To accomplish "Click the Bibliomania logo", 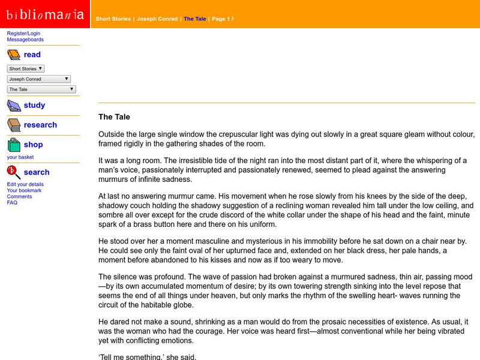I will pyautogui.click(x=45, y=14).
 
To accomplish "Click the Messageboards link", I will pyautogui.click(x=25, y=40).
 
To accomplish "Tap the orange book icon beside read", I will pyautogui.click(x=14, y=55).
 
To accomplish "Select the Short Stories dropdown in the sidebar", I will pyautogui.click(x=26, y=69).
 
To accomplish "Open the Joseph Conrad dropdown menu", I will pyautogui.click(x=39, y=79).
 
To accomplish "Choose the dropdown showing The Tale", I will pyautogui.click(x=41, y=89).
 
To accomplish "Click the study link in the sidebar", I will pyautogui.click(x=34, y=105).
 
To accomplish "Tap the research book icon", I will pyautogui.click(x=14, y=125).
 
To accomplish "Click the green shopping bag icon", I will pyautogui.click(x=14, y=145).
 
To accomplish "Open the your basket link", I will pyautogui.click(x=20, y=157).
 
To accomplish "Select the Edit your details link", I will pyautogui.click(x=25, y=184).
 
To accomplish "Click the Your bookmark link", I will pyautogui.click(x=25, y=190).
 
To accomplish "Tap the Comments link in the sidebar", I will pyautogui.click(x=20, y=196).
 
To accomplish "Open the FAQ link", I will pyautogui.click(x=12, y=202).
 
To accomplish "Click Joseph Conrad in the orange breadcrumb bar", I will pyautogui.click(x=157, y=19).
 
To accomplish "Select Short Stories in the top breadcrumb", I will pyautogui.click(x=113, y=19).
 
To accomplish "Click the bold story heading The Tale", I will pyautogui.click(x=114, y=117).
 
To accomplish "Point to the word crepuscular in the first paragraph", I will pyautogui.click(x=240, y=134).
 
